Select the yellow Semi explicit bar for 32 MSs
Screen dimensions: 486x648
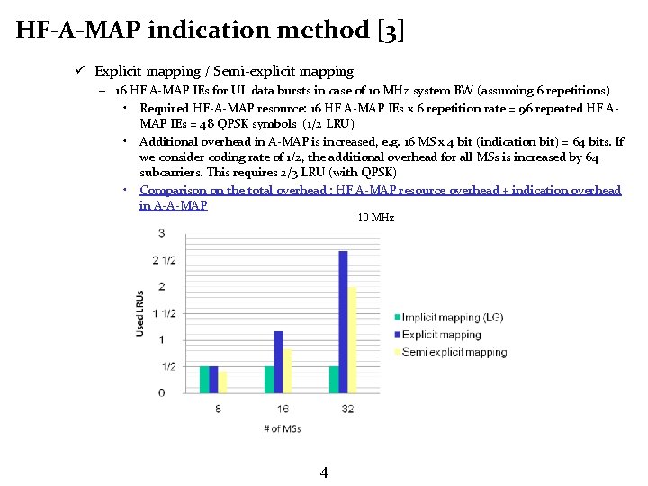coord(353,339)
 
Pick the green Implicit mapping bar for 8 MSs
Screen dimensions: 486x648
coord(204,379)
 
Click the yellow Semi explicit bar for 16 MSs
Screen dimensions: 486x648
coord(288,371)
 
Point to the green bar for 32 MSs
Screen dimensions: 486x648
coord(334,379)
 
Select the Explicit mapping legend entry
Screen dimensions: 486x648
coord(442,335)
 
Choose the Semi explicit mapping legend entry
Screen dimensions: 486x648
coord(454,352)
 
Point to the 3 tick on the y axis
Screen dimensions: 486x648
coord(161,233)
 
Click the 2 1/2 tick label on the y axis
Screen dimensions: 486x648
coord(164,260)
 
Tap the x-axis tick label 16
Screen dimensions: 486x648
coord(283,409)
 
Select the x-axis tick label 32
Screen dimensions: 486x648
coord(347,409)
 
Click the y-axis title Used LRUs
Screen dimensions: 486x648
coord(139,313)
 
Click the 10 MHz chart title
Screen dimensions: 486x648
coord(375,218)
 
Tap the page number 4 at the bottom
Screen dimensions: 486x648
coord(324,472)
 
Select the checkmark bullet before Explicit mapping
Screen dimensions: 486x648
coord(80,70)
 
